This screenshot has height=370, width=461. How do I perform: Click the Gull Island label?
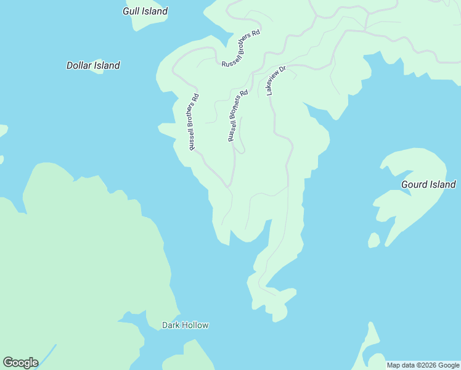tap(145, 11)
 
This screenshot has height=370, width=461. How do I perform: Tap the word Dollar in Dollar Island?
tap(80, 65)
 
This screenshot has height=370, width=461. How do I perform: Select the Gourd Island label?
tap(428, 184)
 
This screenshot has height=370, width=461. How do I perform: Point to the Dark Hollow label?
tap(185, 325)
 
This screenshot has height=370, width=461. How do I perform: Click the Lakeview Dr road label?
tap(277, 80)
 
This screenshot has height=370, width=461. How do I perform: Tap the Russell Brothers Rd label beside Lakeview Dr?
tap(237, 116)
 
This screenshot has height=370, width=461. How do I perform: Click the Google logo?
tap(20, 363)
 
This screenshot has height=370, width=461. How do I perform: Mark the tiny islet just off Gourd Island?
tap(373, 240)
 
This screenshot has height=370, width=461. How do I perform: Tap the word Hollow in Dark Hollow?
tap(194, 325)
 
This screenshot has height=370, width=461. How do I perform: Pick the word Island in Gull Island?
tap(155, 11)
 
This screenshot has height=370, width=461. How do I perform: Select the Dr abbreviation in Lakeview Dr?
tap(283, 70)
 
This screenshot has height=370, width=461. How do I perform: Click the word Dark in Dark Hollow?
tap(169, 325)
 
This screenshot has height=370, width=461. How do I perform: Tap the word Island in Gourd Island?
tap(443, 184)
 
